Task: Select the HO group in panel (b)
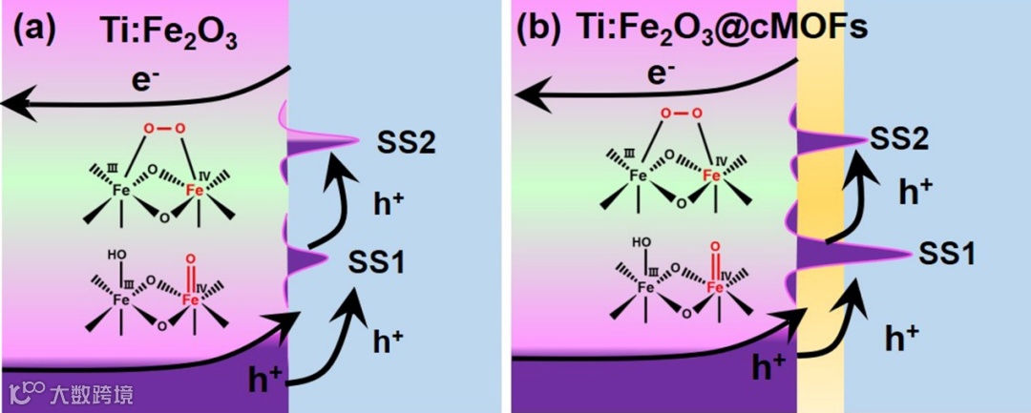tap(645, 245)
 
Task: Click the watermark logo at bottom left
tap(27, 391)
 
